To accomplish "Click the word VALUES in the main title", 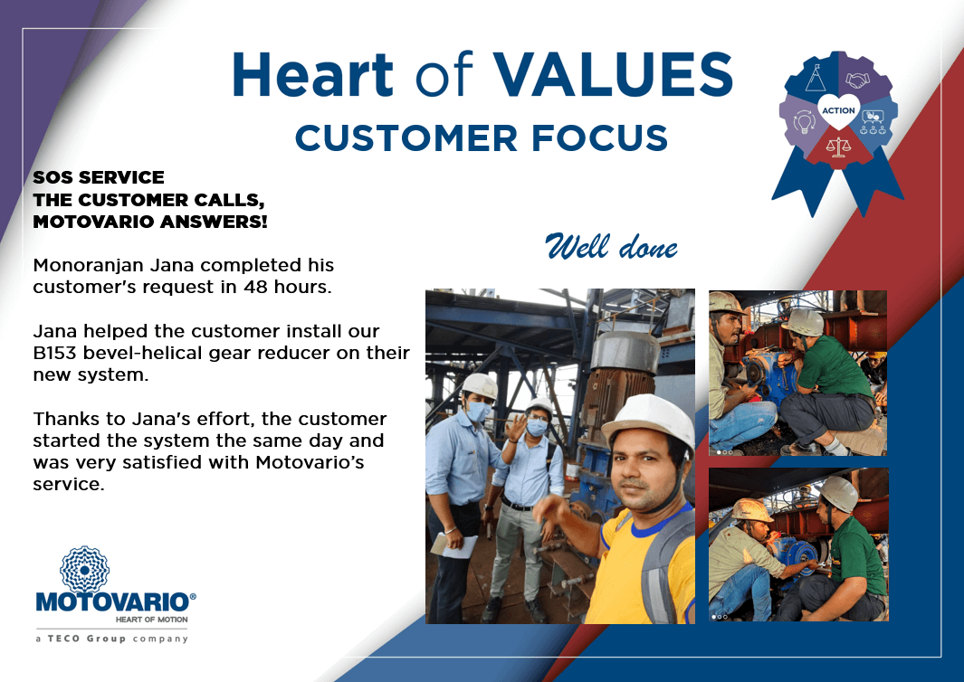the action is coord(613,74).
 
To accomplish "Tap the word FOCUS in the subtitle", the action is coord(599,137).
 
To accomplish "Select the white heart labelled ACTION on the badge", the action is coord(838,110).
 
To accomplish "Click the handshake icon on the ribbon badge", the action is coord(857,80).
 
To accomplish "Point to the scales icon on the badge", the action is coord(838,147).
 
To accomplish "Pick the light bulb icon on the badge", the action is coord(804,120).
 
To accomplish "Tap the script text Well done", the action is coord(611,247).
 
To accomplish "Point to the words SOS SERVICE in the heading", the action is coord(99,177).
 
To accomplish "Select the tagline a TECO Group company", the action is coord(112,639).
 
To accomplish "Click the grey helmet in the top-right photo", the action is coord(804,322).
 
